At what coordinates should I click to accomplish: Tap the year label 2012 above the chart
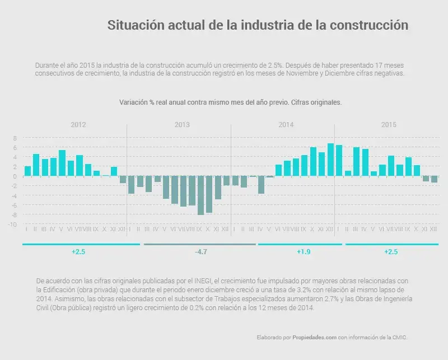78,124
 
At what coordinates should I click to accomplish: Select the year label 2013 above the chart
183,124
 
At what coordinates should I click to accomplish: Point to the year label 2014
286,124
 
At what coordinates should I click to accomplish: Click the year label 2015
389,124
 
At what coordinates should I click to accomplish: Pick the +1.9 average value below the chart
304,252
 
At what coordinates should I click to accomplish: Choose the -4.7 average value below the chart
200,252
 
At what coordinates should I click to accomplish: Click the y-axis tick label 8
16,138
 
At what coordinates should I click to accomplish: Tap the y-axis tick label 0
16,176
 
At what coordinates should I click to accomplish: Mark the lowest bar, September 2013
200,195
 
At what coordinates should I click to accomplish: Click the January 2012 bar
27,171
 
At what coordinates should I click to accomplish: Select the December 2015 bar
434,179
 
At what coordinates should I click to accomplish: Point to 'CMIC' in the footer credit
399,338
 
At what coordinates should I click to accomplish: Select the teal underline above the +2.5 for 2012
81,244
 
